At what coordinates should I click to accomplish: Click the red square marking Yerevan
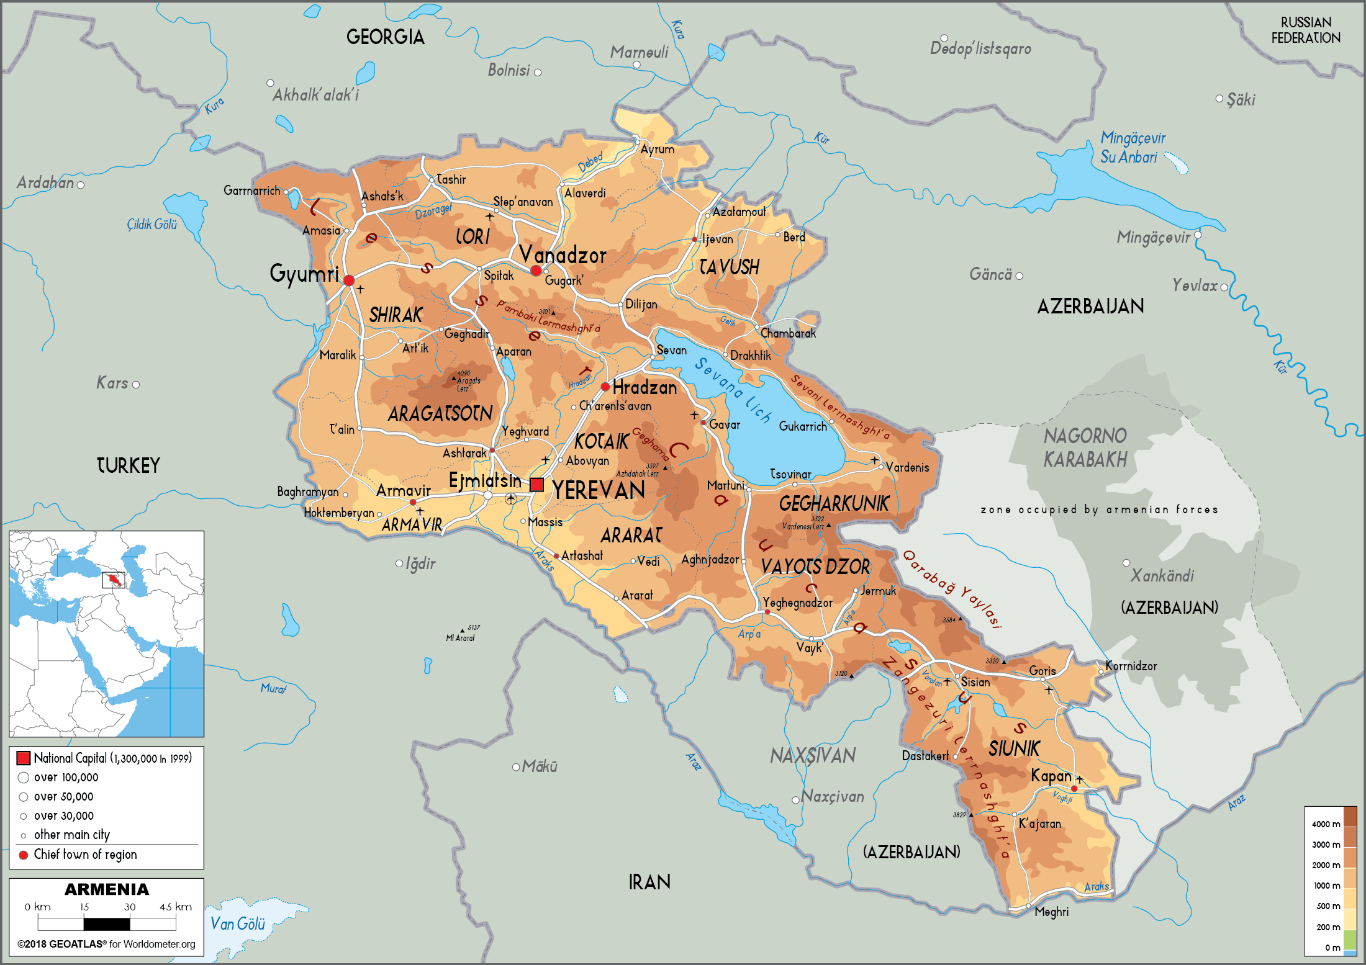(536, 485)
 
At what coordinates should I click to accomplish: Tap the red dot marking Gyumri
(349, 281)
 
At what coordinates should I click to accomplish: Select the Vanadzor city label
(563, 255)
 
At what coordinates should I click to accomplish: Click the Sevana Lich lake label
(733, 390)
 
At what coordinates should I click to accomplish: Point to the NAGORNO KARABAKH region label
(1085, 447)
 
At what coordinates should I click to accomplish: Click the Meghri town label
(1051, 912)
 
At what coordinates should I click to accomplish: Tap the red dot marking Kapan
(1074, 789)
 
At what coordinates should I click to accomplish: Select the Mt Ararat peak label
(460, 638)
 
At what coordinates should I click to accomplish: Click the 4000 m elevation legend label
(1325, 824)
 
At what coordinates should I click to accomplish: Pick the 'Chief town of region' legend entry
(85, 855)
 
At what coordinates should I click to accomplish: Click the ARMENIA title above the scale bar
(107, 889)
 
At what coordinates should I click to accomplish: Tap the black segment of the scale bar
(107, 923)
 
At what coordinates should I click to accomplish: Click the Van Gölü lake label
(237, 924)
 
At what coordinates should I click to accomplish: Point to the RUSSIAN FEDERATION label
(1305, 30)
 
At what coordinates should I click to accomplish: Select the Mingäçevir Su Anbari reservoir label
(1133, 147)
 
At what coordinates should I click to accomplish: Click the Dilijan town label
(641, 304)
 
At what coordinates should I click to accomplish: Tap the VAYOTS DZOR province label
(815, 567)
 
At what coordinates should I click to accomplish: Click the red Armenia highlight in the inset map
(114, 580)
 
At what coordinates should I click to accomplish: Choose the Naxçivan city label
(832, 796)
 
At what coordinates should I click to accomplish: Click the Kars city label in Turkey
(112, 383)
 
